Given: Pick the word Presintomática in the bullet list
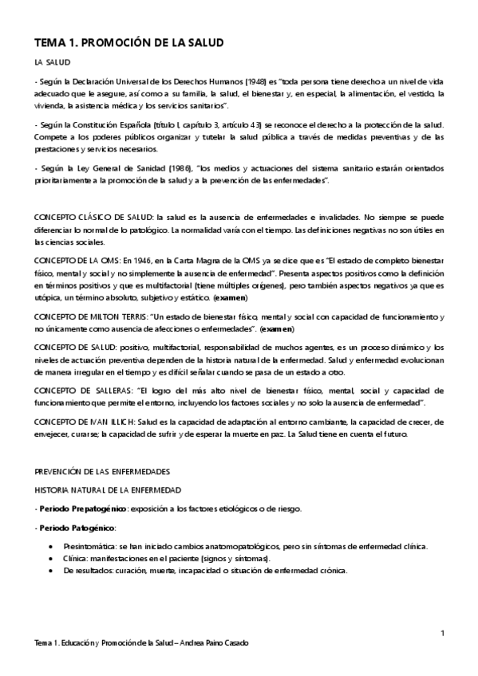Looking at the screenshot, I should coord(89,546).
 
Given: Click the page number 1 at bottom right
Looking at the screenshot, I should coord(442,633).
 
